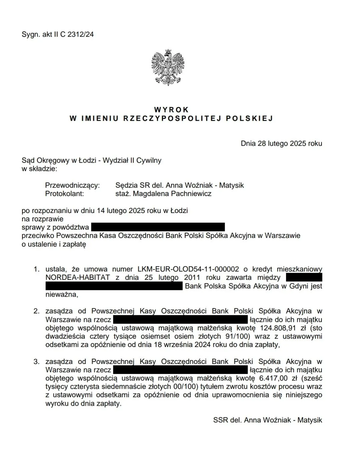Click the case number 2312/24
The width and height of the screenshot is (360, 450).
click(80, 34)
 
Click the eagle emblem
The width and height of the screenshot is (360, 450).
click(168, 67)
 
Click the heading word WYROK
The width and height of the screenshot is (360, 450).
click(172, 110)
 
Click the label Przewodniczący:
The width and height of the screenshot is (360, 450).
click(72, 185)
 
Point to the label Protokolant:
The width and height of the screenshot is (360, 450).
click(64, 194)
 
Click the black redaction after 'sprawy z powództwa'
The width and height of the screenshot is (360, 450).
click(158, 227)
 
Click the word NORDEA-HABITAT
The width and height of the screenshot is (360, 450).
click(78, 278)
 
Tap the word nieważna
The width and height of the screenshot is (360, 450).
click(61, 294)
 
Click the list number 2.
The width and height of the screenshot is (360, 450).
click(36, 311)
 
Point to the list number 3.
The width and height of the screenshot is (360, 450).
click(36, 362)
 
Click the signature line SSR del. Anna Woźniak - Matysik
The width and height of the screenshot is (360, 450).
click(268, 420)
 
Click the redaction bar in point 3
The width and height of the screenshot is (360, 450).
click(180, 370)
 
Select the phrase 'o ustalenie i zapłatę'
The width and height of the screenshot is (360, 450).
click(54, 244)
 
